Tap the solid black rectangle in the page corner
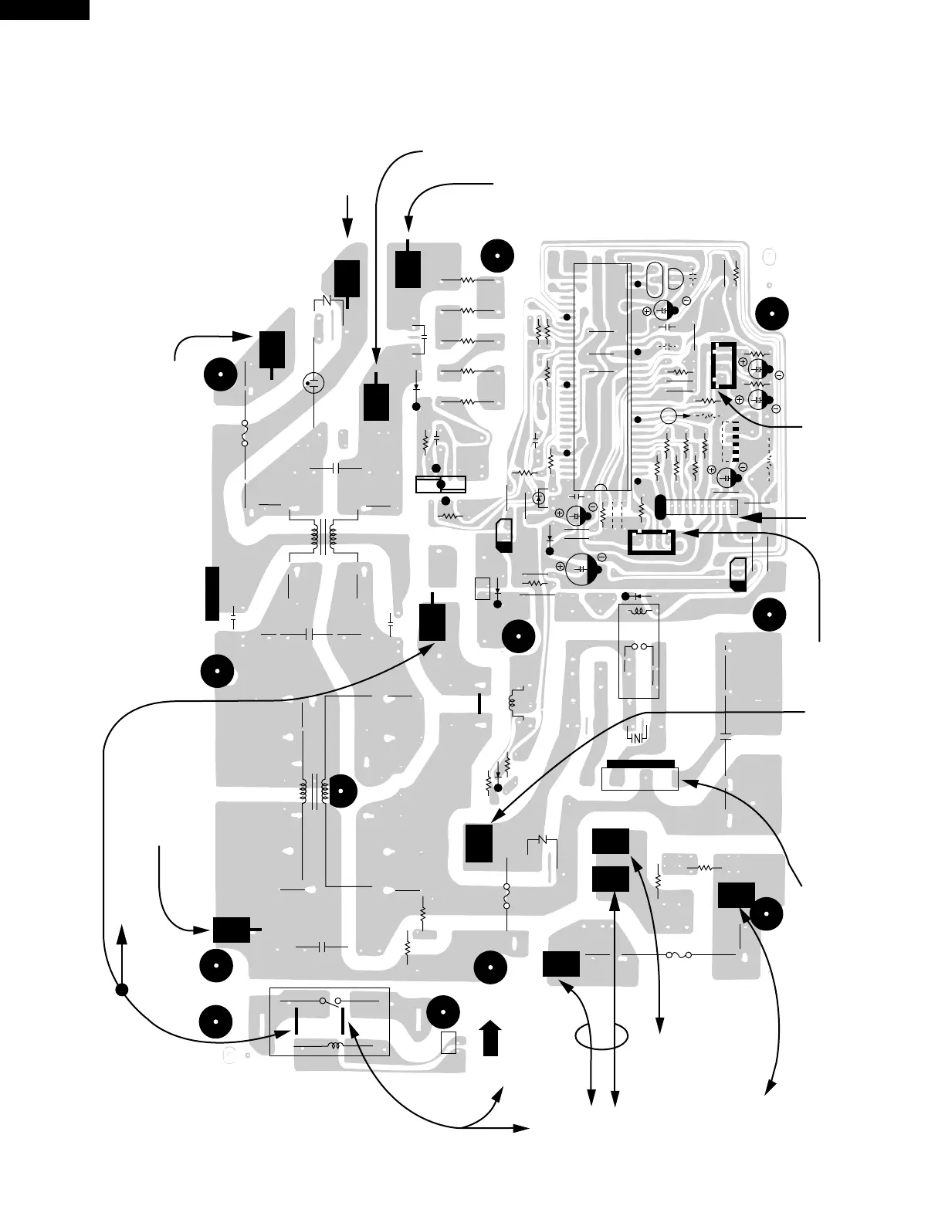pos(44,9)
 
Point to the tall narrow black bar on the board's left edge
pos(212,593)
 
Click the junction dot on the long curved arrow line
pos(121,991)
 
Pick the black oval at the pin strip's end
pos(660,507)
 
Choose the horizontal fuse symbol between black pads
pos(678,955)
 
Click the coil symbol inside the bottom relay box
pos(334,1046)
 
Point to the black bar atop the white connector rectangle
pos(640,764)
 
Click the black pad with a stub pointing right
pos(235,930)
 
